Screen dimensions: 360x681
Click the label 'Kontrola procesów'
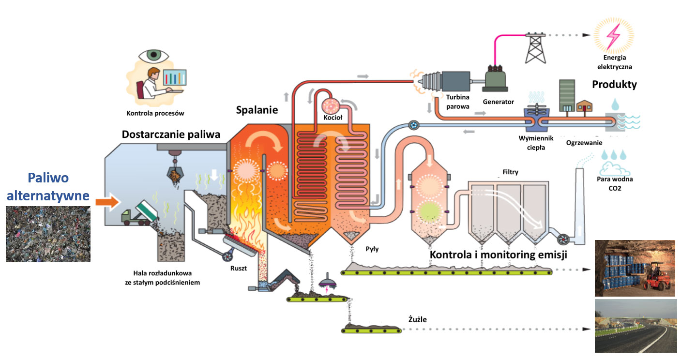coord(155,114)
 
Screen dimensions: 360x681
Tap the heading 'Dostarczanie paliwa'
coord(171,134)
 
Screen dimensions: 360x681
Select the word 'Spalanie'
coord(257,110)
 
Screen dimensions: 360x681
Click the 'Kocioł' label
coord(333,118)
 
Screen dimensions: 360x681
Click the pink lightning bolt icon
coord(614,35)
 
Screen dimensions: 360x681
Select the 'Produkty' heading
coord(614,85)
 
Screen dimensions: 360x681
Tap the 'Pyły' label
coord(372,249)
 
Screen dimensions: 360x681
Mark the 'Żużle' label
coord(417,319)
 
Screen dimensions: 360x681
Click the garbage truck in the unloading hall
coord(138,213)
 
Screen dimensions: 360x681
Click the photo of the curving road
coord(635,326)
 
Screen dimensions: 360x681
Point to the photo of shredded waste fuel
coord(48,234)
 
